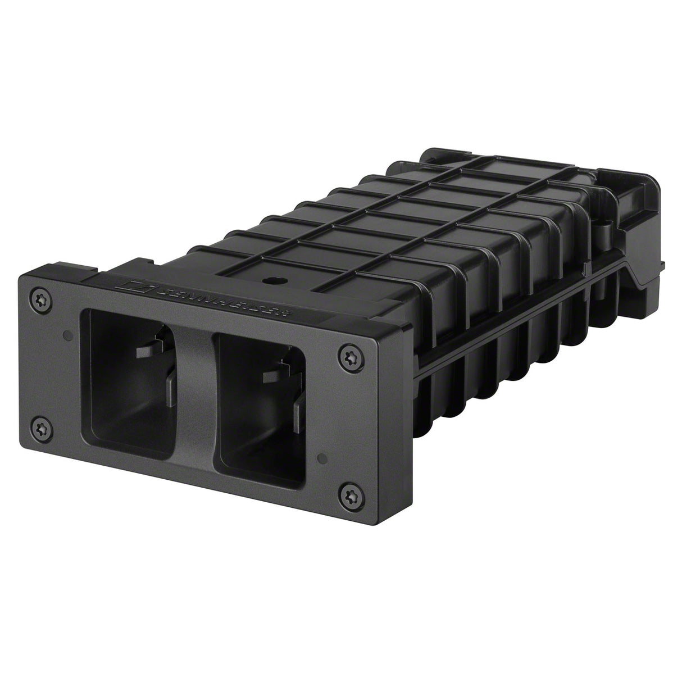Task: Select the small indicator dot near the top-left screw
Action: click(68, 335)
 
